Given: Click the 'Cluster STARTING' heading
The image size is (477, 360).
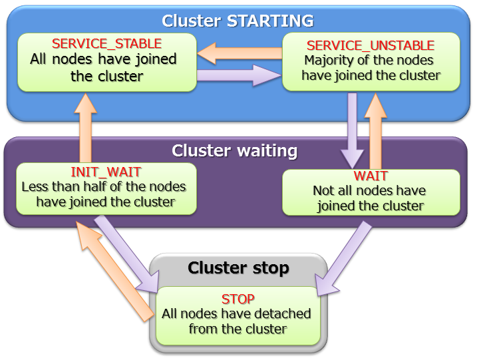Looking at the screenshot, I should pos(238,21).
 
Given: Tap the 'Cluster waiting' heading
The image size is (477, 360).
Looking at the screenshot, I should pos(234,151).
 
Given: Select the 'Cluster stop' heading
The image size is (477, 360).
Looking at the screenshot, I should pos(238,268).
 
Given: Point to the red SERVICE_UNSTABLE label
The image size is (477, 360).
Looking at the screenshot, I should pos(370,45).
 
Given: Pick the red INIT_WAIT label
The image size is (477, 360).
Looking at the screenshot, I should pos(106,172).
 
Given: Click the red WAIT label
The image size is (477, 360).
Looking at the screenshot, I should pos(371,176).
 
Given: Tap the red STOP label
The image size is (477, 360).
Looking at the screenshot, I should pos(238,298).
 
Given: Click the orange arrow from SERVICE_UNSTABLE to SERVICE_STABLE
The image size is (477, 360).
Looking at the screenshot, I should pos(239,52).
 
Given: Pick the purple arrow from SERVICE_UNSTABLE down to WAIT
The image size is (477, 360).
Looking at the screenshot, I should pos(353,130).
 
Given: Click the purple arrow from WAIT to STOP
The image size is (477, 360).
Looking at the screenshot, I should pos(345,257).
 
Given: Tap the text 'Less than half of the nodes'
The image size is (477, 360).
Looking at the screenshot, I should pos(104,187).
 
